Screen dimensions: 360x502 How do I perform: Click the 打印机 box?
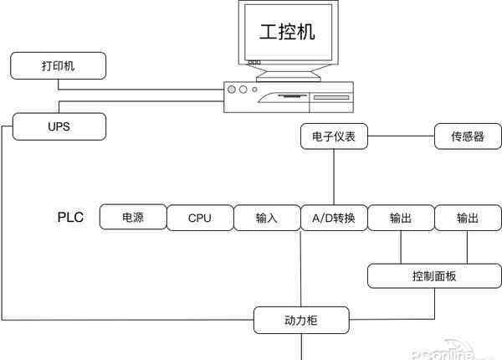pyautogui.click(x=59, y=64)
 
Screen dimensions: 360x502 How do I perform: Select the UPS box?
pyautogui.click(x=59, y=127)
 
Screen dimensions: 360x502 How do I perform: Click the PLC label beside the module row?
pyautogui.click(x=72, y=218)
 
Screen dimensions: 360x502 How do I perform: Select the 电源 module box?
pyautogui.click(x=133, y=218)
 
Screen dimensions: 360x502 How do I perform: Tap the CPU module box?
pyautogui.click(x=200, y=218)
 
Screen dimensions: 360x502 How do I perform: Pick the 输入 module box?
pyautogui.click(x=267, y=218)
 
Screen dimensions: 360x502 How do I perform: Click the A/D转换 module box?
pyautogui.click(x=334, y=218)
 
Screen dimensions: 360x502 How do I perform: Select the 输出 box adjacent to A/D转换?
pyautogui.click(x=401, y=218)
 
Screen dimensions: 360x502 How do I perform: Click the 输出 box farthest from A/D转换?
pyautogui.click(x=468, y=218)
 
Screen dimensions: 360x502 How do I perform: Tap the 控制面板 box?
pyautogui.click(x=434, y=276)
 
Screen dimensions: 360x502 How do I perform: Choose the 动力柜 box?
pyautogui.click(x=302, y=319)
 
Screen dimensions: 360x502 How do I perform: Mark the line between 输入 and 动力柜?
pyautogui.click(x=300, y=268)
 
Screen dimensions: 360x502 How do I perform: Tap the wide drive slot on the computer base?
pyautogui.click(x=330, y=98)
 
